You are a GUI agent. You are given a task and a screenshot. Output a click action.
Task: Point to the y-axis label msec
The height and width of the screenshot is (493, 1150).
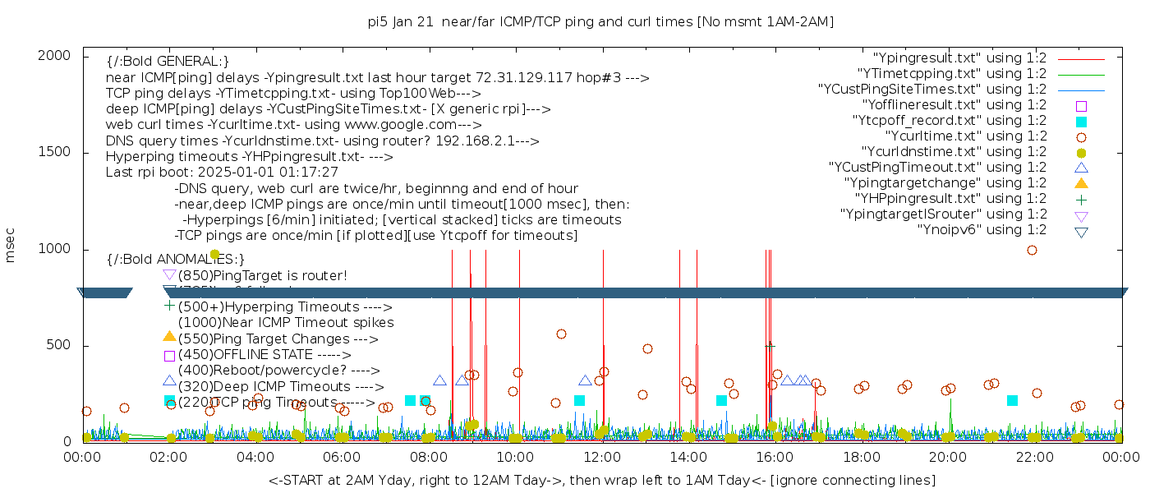(x=11, y=245)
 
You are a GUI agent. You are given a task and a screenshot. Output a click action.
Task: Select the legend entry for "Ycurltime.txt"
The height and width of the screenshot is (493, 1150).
(x=965, y=136)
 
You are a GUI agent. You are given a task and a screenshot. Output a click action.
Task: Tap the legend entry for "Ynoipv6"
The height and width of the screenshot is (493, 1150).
(x=982, y=230)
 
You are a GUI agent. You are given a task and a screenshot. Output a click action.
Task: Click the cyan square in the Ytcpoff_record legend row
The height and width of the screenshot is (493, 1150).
(x=1081, y=122)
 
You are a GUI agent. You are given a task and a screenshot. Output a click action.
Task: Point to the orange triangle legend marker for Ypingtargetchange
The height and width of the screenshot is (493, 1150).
(x=1081, y=183)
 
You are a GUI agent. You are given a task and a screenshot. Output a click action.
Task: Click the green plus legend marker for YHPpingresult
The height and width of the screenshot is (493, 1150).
(x=1081, y=199)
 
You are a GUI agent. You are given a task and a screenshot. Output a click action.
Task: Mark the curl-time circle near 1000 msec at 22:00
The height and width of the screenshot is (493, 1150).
(x=1033, y=250)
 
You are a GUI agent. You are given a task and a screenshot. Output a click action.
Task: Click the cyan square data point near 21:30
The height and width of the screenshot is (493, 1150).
(x=1012, y=400)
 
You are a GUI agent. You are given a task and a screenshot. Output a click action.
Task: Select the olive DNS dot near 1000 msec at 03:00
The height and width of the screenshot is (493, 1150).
(x=214, y=255)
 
